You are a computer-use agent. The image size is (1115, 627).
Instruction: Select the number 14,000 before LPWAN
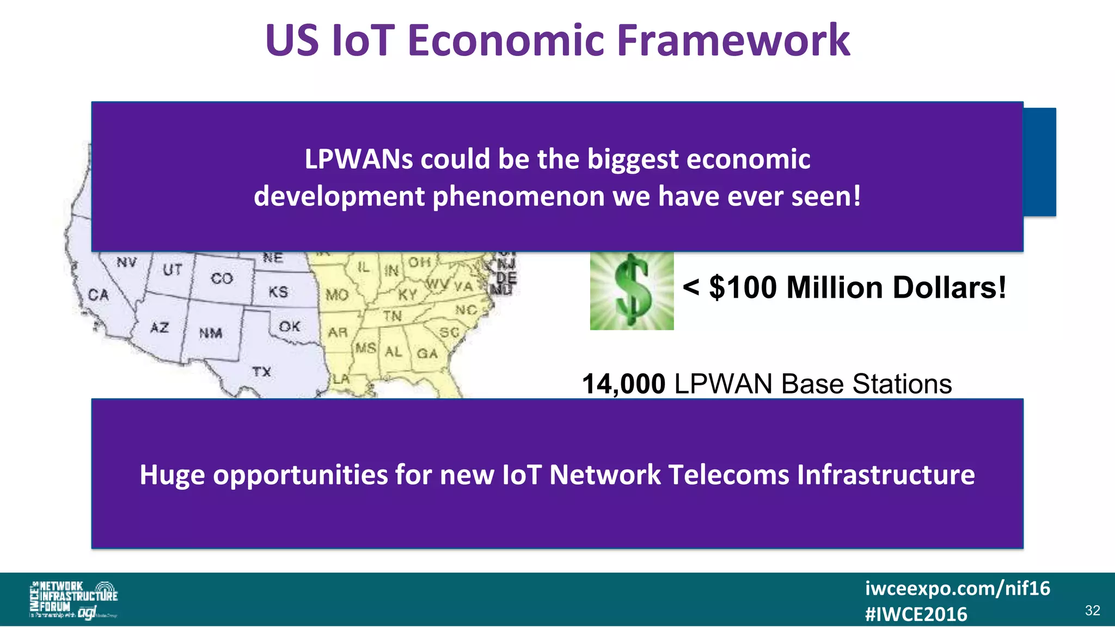(623, 384)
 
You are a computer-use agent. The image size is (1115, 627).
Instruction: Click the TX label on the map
(261, 372)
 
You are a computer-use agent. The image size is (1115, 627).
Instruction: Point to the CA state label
(99, 295)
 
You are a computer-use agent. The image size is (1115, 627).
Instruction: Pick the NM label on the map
(210, 333)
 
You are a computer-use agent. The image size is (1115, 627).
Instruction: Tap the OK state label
(289, 327)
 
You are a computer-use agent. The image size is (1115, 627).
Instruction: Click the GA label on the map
(427, 354)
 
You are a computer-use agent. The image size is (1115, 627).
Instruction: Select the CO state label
(222, 279)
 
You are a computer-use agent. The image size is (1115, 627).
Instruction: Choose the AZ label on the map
(160, 328)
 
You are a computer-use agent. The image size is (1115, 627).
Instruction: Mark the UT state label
(172, 269)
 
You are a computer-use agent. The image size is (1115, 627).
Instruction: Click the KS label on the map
(278, 292)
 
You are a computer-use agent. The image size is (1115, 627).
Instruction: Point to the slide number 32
(1092, 611)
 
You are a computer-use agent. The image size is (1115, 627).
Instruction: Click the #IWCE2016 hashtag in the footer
(916, 614)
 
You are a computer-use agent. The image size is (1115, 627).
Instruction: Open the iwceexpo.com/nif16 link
(957, 588)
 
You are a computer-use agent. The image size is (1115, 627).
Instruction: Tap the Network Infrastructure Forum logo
(73, 600)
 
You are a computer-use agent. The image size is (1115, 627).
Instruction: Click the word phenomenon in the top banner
(518, 196)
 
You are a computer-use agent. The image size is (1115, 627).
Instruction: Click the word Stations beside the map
(902, 384)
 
